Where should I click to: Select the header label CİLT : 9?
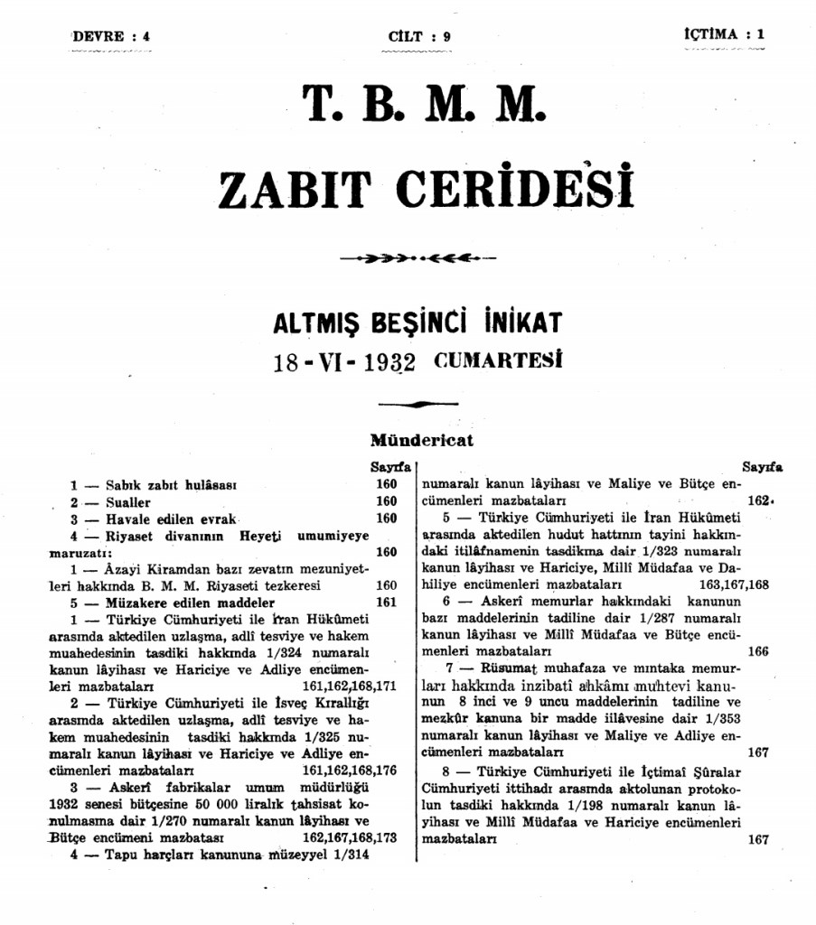coord(419,37)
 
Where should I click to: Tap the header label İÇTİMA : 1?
coord(724,34)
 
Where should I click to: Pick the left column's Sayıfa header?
coord(389,468)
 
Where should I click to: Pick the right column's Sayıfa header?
coord(763,468)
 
